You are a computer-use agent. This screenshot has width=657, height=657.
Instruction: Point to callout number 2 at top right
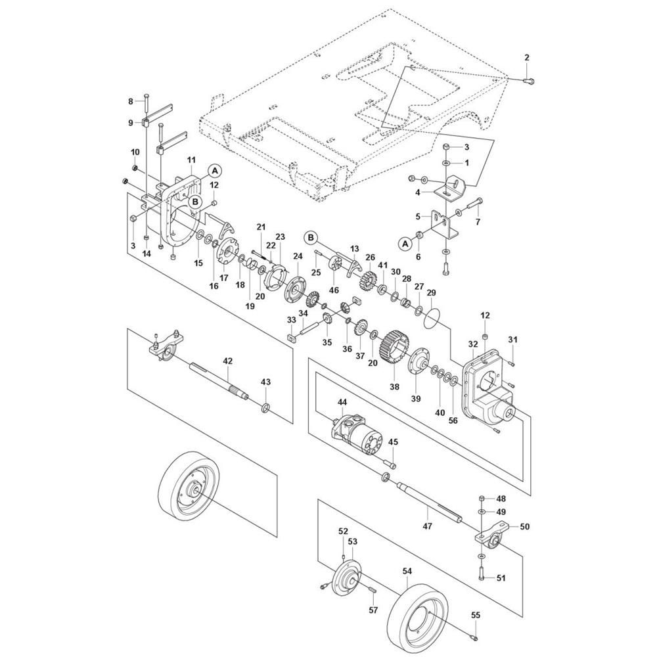click(527, 57)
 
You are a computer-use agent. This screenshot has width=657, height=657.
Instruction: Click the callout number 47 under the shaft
click(428, 526)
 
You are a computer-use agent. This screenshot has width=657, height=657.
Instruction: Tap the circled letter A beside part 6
click(405, 244)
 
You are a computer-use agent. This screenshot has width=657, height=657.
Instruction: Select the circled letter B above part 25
click(311, 238)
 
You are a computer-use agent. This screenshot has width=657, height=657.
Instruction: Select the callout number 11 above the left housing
click(191, 160)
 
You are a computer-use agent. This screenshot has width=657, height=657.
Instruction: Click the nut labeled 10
click(135, 168)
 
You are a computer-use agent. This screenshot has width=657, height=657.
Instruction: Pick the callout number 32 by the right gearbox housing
click(473, 344)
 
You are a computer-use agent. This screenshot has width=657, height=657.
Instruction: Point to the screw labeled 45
click(390, 464)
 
